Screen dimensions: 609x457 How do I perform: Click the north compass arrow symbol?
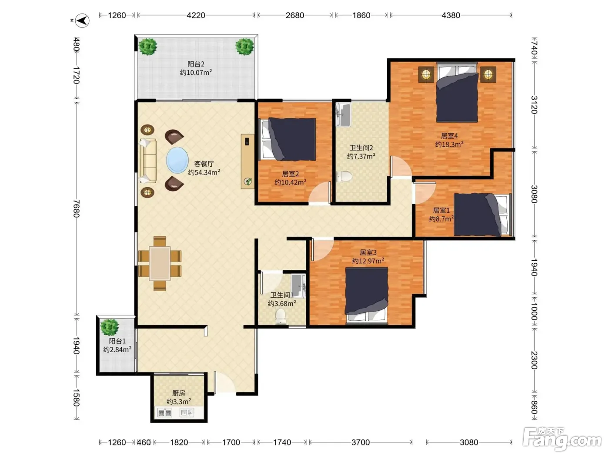point(82,21)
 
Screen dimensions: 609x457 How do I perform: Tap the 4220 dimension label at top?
point(196,15)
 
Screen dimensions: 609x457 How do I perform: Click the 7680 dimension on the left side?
point(76,208)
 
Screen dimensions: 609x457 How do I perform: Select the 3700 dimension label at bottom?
point(361,442)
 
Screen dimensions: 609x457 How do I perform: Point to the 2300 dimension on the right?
point(534,360)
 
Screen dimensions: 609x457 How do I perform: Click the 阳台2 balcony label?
point(196,64)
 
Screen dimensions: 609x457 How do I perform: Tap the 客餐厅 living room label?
point(204,164)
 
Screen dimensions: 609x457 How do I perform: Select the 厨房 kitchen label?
point(179,393)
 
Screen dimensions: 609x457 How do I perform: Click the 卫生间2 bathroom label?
point(361,148)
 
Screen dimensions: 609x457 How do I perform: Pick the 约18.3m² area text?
point(449,144)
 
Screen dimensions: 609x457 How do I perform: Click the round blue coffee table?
point(177,160)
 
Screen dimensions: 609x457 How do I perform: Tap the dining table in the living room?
point(160,264)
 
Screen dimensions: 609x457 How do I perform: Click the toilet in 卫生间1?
point(281,317)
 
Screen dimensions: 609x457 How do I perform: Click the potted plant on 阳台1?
point(110,327)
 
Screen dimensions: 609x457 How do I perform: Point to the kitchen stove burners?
point(164,413)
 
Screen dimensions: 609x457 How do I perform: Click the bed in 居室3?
point(366,296)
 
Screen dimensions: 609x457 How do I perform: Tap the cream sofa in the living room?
point(148,161)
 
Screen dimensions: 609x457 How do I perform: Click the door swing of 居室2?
point(319,193)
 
